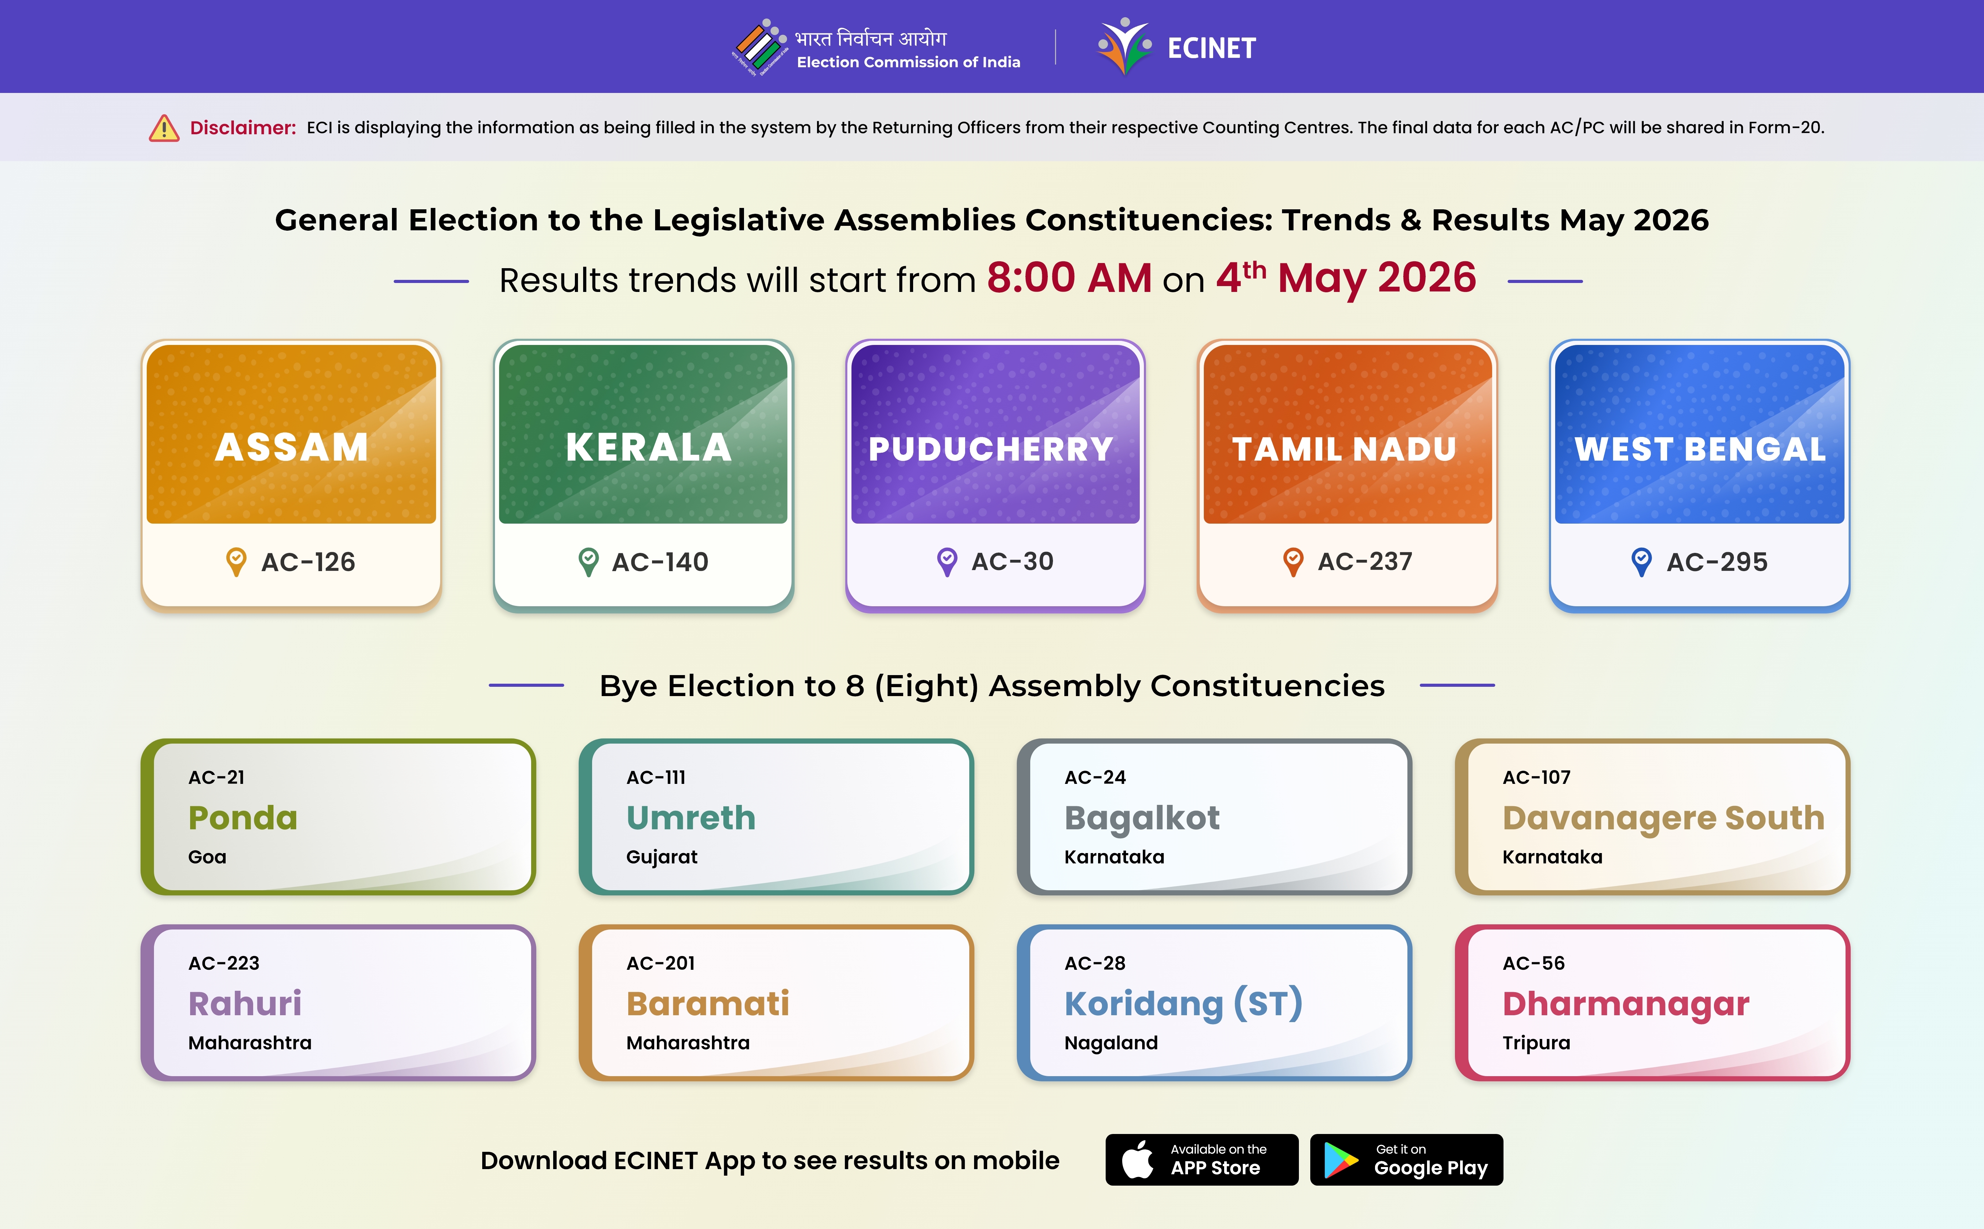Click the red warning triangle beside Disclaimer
click(164, 128)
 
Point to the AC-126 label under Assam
click(308, 562)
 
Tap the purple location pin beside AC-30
click(947, 562)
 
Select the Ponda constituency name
click(243, 818)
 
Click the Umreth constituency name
click(691, 818)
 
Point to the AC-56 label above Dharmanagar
click(1533, 963)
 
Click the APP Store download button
click(1202, 1160)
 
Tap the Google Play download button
click(1407, 1160)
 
